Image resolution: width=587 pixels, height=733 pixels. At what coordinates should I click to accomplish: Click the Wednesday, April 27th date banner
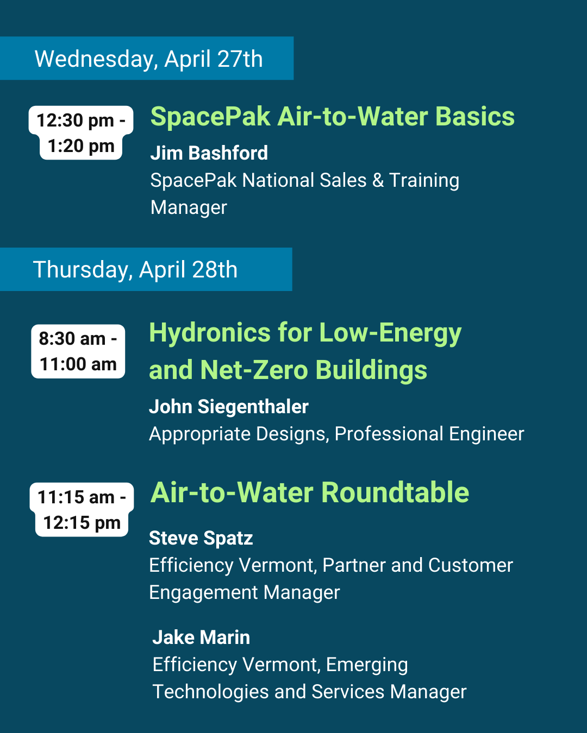coord(147,58)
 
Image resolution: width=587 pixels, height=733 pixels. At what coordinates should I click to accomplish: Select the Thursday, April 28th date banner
coord(146,269)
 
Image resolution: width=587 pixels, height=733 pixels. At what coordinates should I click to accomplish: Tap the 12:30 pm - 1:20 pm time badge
coord(81,133)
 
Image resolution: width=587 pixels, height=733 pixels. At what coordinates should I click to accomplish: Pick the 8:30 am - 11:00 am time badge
coord(78,351)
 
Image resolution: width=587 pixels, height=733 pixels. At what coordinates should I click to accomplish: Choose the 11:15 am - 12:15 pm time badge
coord(82,509)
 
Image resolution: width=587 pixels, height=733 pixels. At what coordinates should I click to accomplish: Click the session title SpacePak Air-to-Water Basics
coord(333,117)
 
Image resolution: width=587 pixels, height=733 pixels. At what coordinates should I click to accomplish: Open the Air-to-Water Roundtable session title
coord(310,492)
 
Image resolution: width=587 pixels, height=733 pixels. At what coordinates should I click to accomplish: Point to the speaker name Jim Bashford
coord(209,153)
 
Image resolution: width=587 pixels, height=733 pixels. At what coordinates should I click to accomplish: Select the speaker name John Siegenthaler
coord(229,407)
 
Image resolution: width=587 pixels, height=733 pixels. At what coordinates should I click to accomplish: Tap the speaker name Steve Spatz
coord(201,539)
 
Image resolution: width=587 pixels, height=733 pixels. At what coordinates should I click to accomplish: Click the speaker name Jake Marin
coord(201,637)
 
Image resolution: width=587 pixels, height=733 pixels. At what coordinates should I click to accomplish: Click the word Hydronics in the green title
coord(210,333)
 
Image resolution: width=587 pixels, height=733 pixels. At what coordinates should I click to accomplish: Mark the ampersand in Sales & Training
coord(378,180)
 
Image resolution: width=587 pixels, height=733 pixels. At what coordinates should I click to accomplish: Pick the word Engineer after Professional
coord(486,434)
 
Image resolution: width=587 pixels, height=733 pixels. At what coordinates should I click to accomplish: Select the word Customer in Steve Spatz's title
coord(471,566)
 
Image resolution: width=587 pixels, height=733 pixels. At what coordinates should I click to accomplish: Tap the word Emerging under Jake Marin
coord(367,665)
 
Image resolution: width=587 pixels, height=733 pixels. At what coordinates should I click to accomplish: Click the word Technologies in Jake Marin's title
coord(210,692)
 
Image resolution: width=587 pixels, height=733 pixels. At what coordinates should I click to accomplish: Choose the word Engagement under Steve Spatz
coord(203,593)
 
